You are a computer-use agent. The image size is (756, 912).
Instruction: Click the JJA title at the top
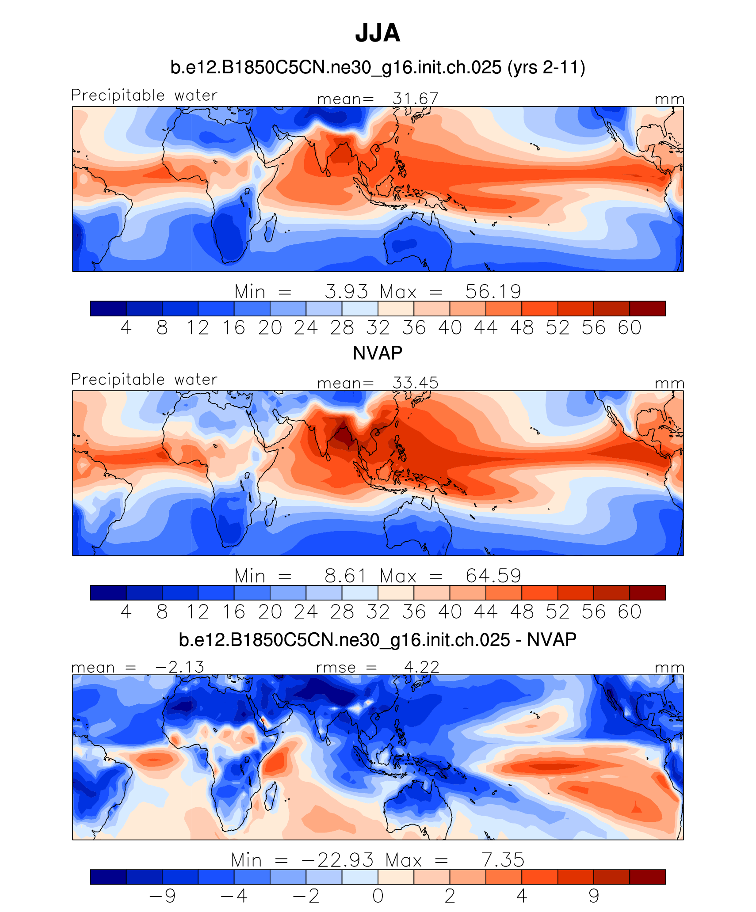tap(378, 33)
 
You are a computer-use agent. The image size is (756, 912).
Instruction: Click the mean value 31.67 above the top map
tap(415, 99)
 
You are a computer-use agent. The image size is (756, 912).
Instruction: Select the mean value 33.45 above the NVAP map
tap(415, 383)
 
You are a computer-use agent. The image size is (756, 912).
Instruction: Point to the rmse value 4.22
tap(422, 667)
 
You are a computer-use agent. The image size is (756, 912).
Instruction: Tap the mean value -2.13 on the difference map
tap(180, 667)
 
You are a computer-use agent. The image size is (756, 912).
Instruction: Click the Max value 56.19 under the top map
tap(493, 292)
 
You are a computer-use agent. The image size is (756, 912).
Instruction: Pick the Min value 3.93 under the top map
tap(346, 292)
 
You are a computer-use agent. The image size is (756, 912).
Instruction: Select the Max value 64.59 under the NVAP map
tap(493, 576)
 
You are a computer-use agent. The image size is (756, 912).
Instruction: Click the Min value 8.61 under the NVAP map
tap(346, 576)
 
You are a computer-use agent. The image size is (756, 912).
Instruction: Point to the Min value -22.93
tap(337, 860)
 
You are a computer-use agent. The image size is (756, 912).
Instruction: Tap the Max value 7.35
tap(503, 860)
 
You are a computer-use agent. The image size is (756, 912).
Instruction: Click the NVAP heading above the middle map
tap(378, 353)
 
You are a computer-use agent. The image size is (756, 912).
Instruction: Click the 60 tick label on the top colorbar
tap(630, 328)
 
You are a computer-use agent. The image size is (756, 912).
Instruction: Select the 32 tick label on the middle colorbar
tap(378, 612)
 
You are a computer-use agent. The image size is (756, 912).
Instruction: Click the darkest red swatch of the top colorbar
tap(648, 308)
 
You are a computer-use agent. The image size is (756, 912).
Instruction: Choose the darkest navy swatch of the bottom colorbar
tap(108, 877)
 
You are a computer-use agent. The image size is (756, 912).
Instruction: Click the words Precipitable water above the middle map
tap(144, 380)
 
